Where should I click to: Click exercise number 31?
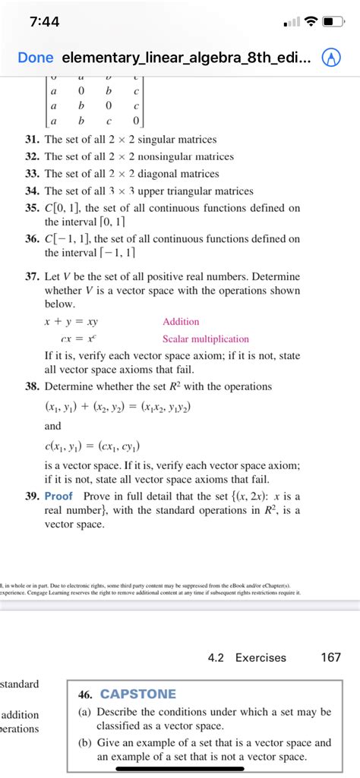31,140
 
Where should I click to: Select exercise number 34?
31,191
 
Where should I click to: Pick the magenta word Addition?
181,322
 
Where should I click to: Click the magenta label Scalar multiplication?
205,339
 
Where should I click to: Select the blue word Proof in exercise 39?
58,496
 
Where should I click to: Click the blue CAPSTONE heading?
137,694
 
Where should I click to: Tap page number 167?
330,657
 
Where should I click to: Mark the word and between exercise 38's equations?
54,427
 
